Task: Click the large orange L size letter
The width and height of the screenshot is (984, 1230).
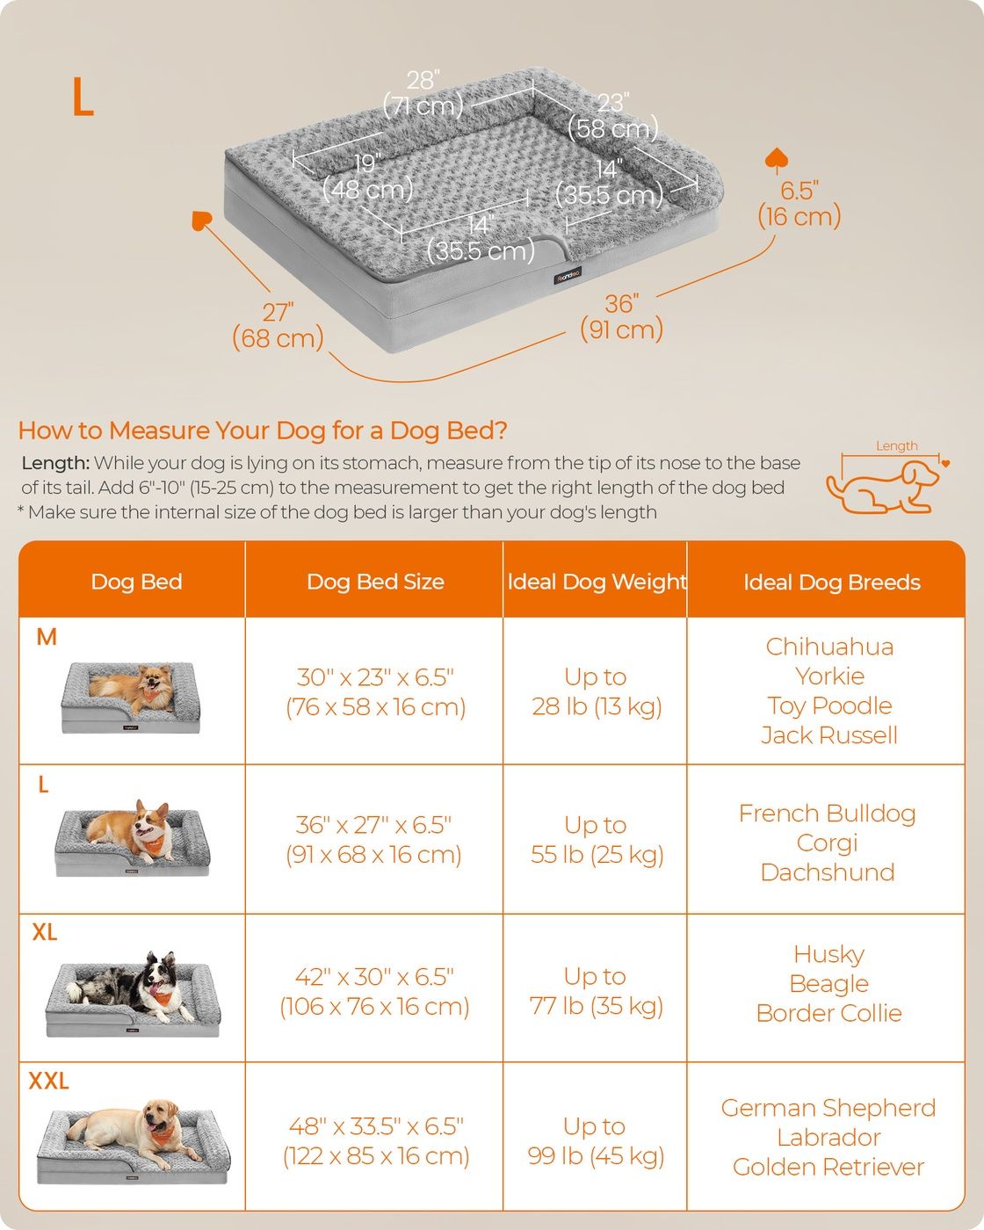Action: coord(83,97)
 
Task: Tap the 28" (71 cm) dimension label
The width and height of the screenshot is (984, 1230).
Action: coord(423,93)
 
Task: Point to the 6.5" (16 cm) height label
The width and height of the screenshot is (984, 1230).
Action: coord(799,204)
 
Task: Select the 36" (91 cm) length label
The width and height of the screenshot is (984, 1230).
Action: coord(621,317)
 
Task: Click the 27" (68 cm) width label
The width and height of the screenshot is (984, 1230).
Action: coord(278,326)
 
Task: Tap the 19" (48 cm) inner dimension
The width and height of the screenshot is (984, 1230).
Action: coord(367,177)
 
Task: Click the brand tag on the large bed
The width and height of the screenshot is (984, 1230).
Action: coord(568,275)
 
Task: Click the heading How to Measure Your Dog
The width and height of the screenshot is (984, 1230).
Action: coord(263,430)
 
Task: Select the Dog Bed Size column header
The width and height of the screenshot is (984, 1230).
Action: coord(375,582)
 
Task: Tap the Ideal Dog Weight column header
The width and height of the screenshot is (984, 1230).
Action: coord(597,582)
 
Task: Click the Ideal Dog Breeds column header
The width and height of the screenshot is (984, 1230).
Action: coord(832,582)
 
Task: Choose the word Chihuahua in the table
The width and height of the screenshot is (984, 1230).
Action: coord(829,647)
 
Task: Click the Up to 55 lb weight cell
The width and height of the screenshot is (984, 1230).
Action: coord(597,840)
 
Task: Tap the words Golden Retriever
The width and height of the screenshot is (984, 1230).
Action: coord(828,1167)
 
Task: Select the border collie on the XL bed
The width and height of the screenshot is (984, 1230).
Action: coord(132,986)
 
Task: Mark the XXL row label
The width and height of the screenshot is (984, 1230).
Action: coord(49,1081)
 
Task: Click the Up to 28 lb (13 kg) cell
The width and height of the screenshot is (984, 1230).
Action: coord(597,691)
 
